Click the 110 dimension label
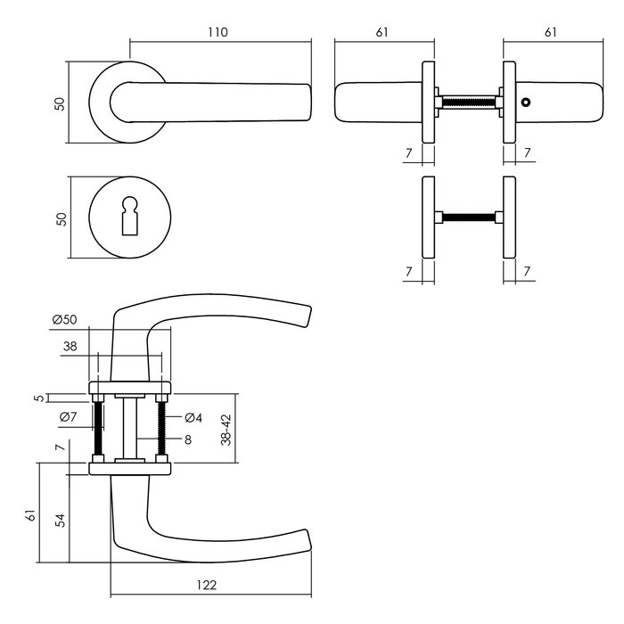click(219, 32)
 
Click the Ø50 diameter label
click(65, 319)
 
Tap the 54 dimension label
click(59, 520)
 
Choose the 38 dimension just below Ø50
click(70, 349)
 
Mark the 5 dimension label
click(37, 398)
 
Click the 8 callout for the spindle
click(189, 439)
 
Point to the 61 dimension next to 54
click(31, 515)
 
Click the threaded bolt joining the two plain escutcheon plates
click(468, 217)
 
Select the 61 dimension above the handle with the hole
click(550, 32)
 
